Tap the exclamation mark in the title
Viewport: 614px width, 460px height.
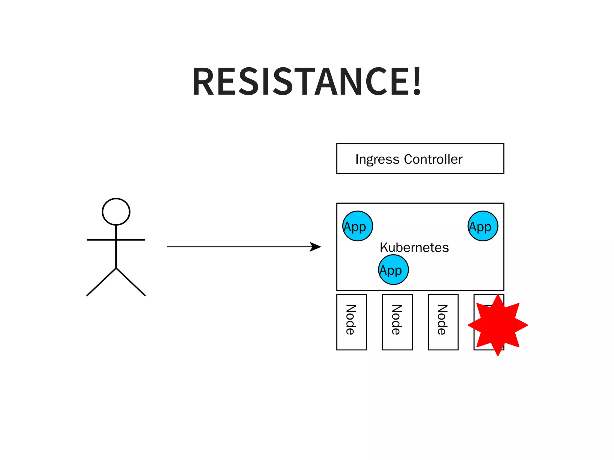click(417, 81)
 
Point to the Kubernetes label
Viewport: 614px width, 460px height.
click(414, 248)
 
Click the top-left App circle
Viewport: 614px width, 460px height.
click(357, 226)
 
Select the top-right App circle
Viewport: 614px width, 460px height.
click(483, 226)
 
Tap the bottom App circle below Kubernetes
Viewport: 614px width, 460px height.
click(393, 270)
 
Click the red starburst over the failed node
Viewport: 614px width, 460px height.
click(498, 325)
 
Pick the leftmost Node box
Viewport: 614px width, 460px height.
click(351, 322)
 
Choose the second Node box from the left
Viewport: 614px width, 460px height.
click(397, 322)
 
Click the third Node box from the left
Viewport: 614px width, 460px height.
click(443, 322)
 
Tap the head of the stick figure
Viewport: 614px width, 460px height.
click(116, 212)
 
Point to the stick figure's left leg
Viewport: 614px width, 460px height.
click(101, 282)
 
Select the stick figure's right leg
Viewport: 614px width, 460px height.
click(131, 282)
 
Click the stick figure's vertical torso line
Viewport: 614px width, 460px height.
click(116, 255)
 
